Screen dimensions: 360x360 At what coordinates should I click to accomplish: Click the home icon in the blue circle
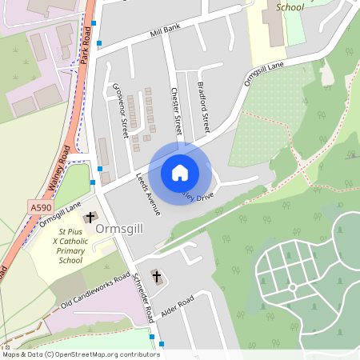(x=180, y=172)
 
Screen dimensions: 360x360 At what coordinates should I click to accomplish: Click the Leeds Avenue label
(x=148, y=194)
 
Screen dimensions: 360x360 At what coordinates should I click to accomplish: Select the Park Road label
(x=86, y=46)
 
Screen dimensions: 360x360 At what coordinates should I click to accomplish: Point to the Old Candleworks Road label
(x=95, y=293)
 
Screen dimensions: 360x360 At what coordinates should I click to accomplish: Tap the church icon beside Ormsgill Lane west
(x=90, y=217)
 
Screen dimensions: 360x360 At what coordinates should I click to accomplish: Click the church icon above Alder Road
(x=156, y=277)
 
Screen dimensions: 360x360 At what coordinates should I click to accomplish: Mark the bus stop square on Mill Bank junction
(x=99, y=43)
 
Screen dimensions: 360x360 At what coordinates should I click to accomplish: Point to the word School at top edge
(x=289, y=6)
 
